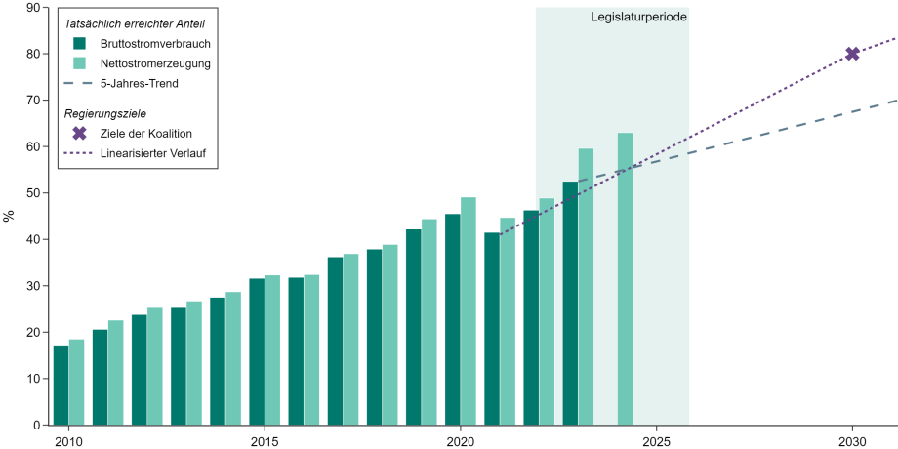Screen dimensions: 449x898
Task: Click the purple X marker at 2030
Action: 852,54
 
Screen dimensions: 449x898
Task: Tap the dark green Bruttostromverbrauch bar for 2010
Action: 61,386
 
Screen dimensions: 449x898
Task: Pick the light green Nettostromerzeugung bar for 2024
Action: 625,279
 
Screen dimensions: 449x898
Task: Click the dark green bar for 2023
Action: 570,304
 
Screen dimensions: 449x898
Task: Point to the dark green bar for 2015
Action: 257,352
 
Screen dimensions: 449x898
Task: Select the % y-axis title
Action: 9,216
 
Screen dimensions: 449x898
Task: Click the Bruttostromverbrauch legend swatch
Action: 80,44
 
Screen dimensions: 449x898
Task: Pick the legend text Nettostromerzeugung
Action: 156,63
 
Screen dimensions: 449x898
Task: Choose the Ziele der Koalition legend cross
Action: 80,134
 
